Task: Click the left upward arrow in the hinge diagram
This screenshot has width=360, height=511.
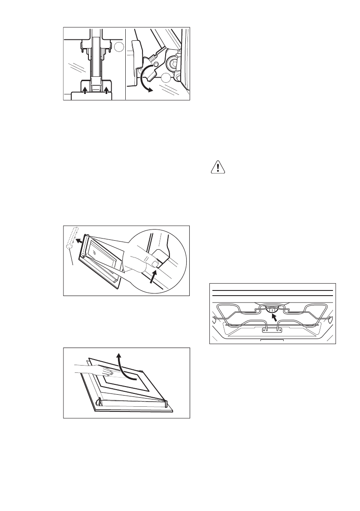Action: click(x=85, y=90)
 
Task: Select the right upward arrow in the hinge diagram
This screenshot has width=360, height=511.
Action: click(x=106, y=90)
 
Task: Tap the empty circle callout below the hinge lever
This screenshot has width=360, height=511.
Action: click(x=167, y=78)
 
